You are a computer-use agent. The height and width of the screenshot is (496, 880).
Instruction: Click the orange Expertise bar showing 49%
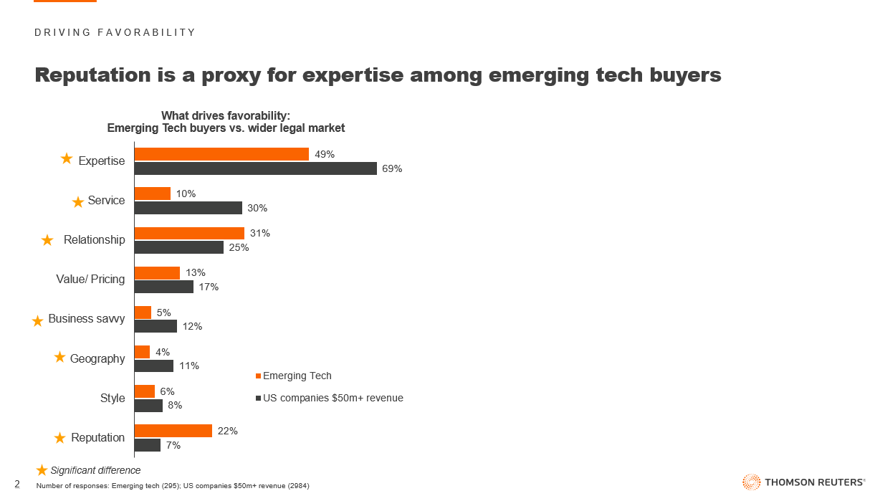tap(221, 154)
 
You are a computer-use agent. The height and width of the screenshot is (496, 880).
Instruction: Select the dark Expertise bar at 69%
tap(256, 168)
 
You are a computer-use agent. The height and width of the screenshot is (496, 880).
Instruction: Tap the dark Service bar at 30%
tap(188, 208)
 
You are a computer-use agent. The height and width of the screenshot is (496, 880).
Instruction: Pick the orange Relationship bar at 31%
tap(190, 233)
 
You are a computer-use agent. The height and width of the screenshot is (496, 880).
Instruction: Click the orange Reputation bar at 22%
tap(173, 431)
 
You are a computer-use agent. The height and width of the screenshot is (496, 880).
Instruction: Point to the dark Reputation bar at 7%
tap(148, 445)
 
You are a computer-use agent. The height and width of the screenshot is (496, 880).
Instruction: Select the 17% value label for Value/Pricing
tap(209, 287)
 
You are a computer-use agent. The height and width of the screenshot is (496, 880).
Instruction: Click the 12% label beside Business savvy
tap(192, 326)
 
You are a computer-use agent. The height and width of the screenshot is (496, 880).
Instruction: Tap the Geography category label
tap(97, 358)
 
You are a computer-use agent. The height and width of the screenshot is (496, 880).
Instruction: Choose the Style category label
tap(113, 398)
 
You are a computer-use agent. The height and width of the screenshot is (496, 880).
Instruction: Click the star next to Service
tap(78, 202)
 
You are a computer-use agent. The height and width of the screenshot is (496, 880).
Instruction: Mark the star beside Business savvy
tap(38, 321)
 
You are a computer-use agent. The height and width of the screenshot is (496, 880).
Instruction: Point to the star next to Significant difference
tap(42, 470)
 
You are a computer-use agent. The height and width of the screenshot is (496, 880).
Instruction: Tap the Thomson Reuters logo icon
tap(751, 482)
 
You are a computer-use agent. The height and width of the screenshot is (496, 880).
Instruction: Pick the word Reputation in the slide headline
tap(104, 75)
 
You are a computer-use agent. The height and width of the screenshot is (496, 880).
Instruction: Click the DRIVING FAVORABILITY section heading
tap(115, 32)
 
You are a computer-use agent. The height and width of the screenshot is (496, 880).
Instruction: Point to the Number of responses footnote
tap(173, 486)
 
